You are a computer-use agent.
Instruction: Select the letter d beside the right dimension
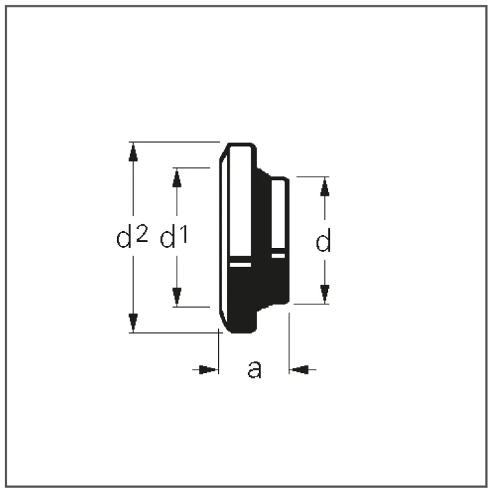coord(323,241)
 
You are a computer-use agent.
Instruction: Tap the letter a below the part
coord(254,369)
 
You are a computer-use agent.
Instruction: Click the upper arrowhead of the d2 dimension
coord(133,152)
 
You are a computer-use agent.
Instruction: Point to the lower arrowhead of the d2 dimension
coord(133,323)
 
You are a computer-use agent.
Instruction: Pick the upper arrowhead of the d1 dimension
coord(177,177)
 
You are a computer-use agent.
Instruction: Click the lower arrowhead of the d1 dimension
coord(177,297)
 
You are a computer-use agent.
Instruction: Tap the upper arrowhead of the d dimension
coord(325,186)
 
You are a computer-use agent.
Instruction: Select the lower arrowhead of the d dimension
coord(325,294)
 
